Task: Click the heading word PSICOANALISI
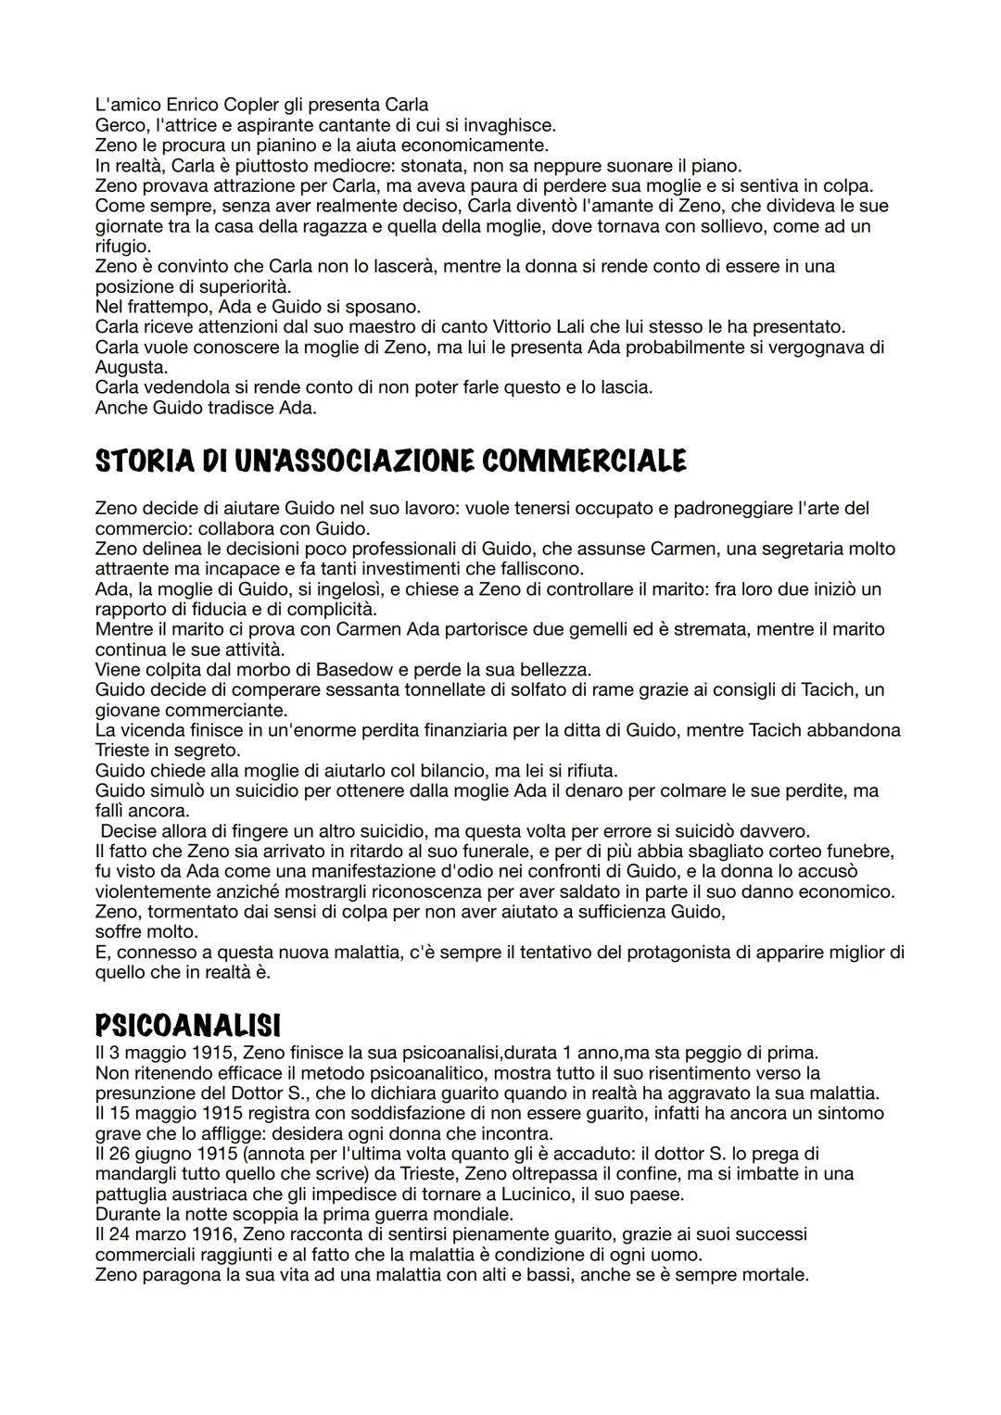(x=187, y=1026)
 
